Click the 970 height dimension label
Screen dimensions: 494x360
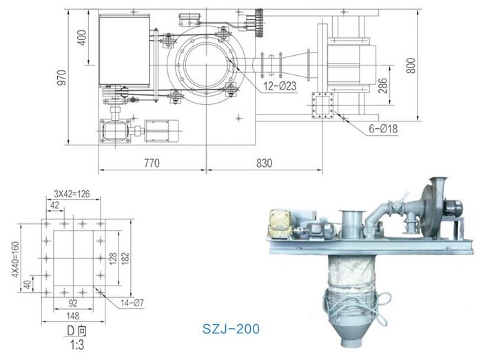[62, 77]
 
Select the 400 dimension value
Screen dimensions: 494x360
[81, 38]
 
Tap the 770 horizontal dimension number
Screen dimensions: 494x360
[152, 163]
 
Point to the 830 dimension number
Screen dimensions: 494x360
[264, 163]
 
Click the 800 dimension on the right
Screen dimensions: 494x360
[411, 66]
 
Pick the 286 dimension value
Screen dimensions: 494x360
[382, 86]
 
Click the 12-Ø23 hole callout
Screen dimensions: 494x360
[280, 86]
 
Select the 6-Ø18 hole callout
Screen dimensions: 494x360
[383, 128]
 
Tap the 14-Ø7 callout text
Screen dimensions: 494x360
[132, 303]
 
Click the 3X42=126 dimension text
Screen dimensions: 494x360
[72, 194]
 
